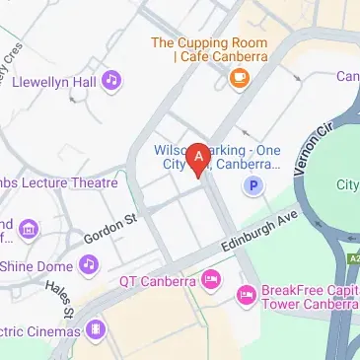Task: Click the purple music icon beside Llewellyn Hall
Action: (x=112, y=78)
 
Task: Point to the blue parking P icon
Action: (x=254, y=183)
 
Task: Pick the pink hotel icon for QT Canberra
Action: (x=211, y=281)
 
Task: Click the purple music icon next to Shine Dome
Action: (x=90, y=264)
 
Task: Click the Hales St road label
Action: (x=59, y=298)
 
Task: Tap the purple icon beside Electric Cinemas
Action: (x=96, y=328)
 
